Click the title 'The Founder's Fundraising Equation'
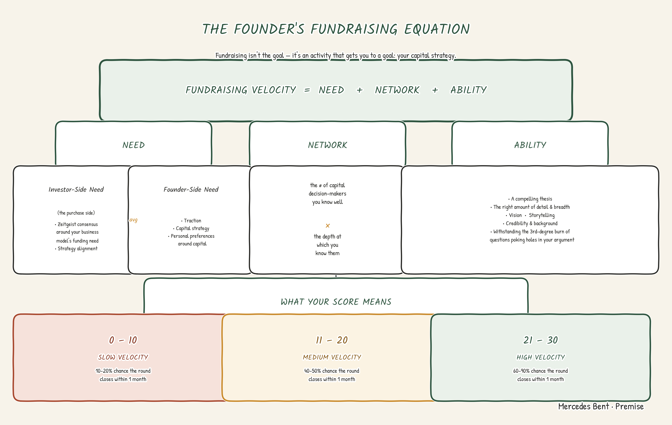tap(336, 29)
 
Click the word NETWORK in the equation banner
tap(397, 90)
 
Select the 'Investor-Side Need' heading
tap(76, 189)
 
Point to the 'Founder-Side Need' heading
tap(191, 189)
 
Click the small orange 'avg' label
tap(133, 220)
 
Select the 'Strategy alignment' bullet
tap(76, 249)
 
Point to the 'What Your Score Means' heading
tap(336, 302)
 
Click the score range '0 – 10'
tap(123, 340)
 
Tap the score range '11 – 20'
tap(332, 340)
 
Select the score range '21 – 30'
tap(541, 340)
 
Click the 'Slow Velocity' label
tap(123, 357)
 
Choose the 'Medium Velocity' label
tap(332, 357)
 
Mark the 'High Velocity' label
tap(541, 357)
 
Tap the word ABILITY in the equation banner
tap(469, 90)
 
